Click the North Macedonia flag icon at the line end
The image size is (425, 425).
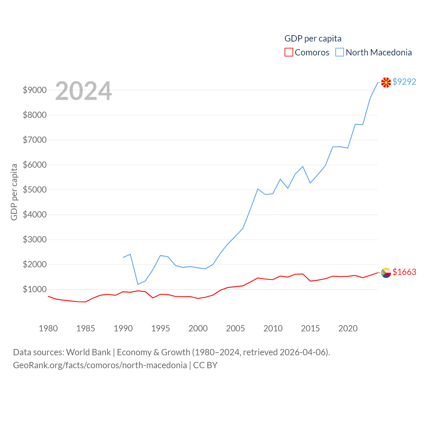point(386,82)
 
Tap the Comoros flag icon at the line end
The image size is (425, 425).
point(386,273)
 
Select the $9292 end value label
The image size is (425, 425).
point(404,82)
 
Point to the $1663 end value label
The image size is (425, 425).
point(404,272)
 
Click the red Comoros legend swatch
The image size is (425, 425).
point(289,52)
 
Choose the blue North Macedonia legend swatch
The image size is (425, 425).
point(339,52)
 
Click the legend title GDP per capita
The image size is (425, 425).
point(313,39)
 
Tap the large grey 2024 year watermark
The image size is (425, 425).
point(83,91)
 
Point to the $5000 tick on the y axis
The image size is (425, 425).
point(35,190)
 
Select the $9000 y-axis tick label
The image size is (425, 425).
point(35,90)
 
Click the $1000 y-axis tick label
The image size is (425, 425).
point(35,290)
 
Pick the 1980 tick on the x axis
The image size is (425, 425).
point(48,328)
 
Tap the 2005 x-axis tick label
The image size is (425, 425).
point(235,328)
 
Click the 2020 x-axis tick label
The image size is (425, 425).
point(348,328)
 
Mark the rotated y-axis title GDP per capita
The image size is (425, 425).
point(14,192)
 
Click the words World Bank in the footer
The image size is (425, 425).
point(88,352)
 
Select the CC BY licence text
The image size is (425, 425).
point(205,365)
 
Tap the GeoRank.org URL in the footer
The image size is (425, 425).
point(100,365)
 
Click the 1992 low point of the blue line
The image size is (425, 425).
point(138,284)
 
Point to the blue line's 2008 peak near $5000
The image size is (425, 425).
point(258,189)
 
